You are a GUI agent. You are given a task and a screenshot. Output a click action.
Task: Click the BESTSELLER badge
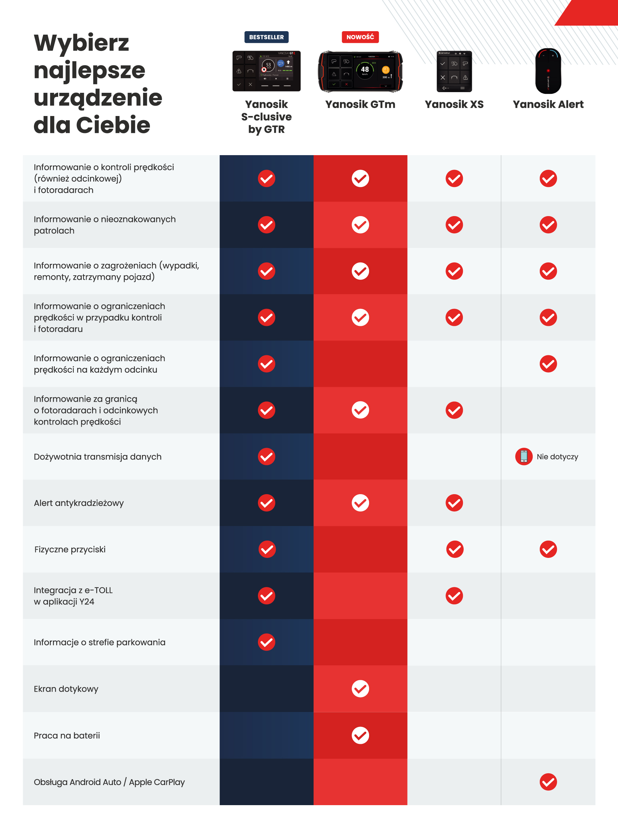coord(266,37)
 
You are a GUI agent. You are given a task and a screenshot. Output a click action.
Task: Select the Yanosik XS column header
coord(454,104)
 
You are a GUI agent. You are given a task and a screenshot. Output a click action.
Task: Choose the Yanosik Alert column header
coord(548,104)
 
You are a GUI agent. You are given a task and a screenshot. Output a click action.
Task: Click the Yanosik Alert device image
coord(548,71)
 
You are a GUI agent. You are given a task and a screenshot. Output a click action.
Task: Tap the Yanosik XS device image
coord(454,71)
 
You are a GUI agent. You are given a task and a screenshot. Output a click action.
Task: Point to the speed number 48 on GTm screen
coord(365,69)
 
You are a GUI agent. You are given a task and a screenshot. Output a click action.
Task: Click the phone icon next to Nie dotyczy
coord(524,456)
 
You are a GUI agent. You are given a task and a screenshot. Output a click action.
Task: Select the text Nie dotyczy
coord(557,456)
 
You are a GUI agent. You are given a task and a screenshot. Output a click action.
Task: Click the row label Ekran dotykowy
coord(66,689)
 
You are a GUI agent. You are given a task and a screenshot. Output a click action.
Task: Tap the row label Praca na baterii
coord(66,736)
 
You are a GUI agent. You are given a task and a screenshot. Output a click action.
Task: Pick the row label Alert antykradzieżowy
coord(79,503)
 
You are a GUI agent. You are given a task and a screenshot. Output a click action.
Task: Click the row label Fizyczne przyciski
coord(70,549)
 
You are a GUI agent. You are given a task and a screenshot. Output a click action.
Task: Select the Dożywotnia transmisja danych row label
coord(97,456)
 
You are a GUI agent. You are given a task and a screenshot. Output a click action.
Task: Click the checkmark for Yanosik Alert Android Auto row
coord(548,782)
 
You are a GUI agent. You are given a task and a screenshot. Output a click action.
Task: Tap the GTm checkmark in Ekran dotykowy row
coord(360,689)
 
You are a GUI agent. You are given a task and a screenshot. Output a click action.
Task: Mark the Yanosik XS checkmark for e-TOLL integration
coord(454,596)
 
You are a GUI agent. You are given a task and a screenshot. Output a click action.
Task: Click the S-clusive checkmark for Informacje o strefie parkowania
coord(266,642)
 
